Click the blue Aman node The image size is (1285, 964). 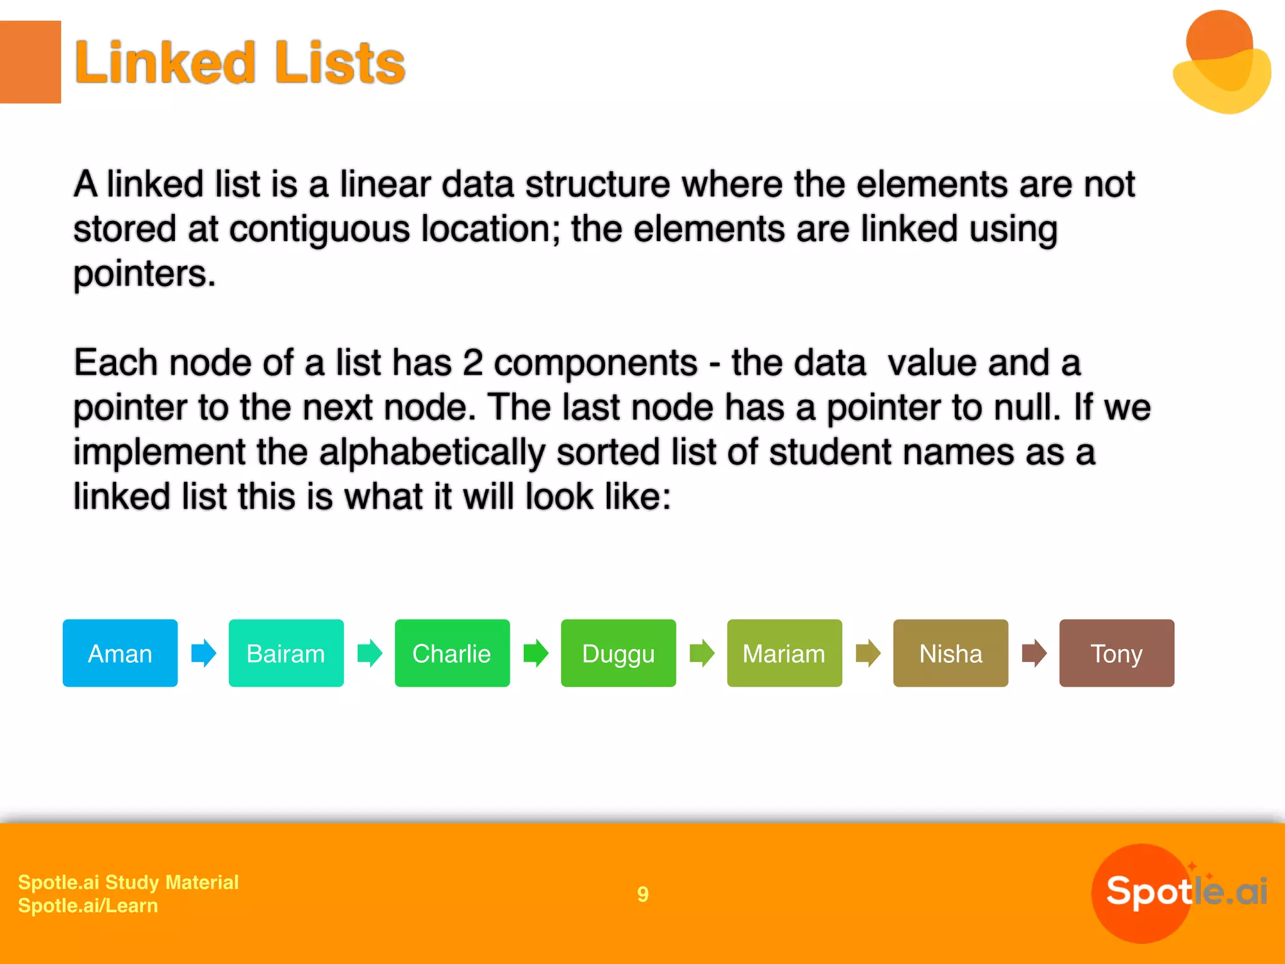pyautogui.click(x=120, y=653)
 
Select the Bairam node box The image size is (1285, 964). pyautogui.click(x=286, y=653)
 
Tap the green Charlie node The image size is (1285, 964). pyautogui.click(x=452, y=653)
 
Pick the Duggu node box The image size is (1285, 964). pyautogui.click(x=618, y=653)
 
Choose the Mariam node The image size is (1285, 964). pyautogui.click(x=784, y=653)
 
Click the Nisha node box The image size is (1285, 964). pyautogui.click(x=951, y=653)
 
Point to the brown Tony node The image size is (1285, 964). pyautogui.click(x=1117, y=653)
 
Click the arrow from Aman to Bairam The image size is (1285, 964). pyautogui.click(x=204, y=653)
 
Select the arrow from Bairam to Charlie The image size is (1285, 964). pyautogui.click(x=370, y=653)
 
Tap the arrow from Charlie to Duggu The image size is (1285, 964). pyautogui.click(x=536, y=653)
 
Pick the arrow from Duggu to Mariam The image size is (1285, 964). pyautogui.click(x=702, y=653)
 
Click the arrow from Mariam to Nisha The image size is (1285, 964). pyautogui.click(x=868, y=653)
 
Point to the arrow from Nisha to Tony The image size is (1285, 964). pyautogui.click(x=1034, y=653)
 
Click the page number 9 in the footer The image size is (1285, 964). pyautogui.click(x=642, y=894)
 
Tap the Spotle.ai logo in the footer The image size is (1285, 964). pyautogui.click(x=1180, y=892)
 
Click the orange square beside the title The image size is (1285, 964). pyautogui.click(x=30, y=62)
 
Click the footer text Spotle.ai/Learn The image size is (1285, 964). pyautogui.click(x=88, y=906)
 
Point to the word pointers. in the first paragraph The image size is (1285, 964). pyautogui.click(x=144, y=274)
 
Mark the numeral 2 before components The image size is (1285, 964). pyautogui.click(x=472, y=363)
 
